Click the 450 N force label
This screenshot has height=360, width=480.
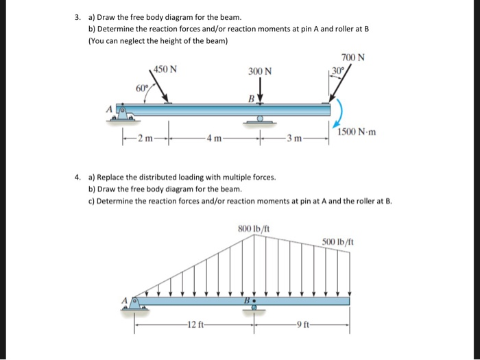pos(165,69)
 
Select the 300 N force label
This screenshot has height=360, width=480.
pos(260,71)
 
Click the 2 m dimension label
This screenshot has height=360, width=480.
pos(145,142)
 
